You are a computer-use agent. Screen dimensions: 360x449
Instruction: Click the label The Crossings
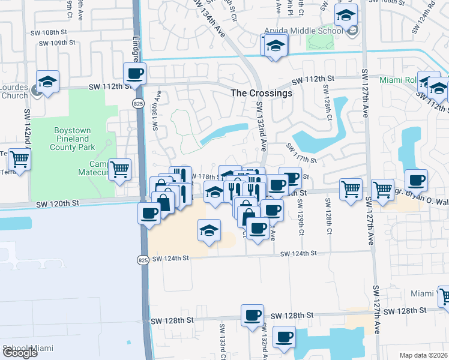coord(262,93)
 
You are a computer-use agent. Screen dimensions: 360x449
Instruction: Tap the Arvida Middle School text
coord(306,31)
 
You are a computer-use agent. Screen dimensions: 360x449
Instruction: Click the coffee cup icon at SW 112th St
coord(134,74)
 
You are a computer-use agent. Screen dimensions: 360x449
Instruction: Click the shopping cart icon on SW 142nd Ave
coord(19,160)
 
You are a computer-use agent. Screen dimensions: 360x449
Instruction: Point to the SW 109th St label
coord(57,43)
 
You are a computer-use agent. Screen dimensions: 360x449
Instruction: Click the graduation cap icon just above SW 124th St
coord(208,231)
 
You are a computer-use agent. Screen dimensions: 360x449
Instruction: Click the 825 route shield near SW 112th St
coord(137,104)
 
